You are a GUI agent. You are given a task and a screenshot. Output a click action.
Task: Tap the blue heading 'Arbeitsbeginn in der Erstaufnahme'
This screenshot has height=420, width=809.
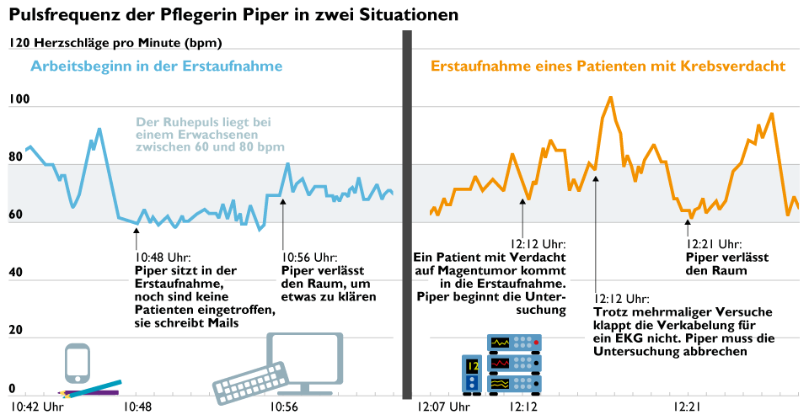(x=157, y=66)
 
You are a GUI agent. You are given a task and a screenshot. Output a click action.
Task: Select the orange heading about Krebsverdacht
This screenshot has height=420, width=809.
(x=608, y=66)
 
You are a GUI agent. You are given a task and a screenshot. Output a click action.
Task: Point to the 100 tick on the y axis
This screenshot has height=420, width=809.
(x=19, y=99)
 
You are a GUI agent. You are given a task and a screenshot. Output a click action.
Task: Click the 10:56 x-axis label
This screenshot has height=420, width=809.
(x=283, y=408)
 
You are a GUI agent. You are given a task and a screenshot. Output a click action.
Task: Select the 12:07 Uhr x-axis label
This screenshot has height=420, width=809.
(x=444, y=408)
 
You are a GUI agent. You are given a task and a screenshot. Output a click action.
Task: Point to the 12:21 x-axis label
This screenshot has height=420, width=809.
(x=688, y=408)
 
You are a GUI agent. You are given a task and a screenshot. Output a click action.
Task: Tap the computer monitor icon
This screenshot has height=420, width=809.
(x=304, y=361)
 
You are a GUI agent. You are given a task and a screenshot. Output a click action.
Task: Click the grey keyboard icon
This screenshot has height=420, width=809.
(x=250, y=381)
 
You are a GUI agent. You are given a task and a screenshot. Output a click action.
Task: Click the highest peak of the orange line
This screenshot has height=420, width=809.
(x=609, y=97)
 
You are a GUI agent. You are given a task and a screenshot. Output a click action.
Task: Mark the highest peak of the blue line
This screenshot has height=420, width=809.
(x=99, y=129)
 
